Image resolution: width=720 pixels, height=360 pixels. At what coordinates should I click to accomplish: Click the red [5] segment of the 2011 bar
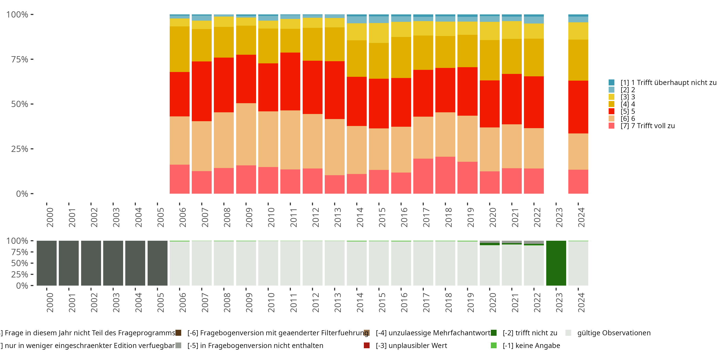click(290, 81)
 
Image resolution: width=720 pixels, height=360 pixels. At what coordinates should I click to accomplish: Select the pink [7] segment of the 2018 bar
click(445, 175)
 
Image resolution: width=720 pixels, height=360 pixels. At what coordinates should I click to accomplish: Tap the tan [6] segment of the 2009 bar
click(246, 134)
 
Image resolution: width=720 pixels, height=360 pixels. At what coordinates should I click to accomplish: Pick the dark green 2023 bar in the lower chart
click(556, 263)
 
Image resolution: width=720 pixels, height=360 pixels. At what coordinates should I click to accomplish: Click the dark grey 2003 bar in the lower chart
click(113, 263)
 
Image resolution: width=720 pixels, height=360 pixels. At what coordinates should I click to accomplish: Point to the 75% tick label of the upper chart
click(20, 59)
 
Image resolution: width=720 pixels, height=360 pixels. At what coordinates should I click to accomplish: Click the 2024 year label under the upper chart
click(581, 217)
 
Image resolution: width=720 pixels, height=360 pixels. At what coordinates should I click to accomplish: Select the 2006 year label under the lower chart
click(182, 302)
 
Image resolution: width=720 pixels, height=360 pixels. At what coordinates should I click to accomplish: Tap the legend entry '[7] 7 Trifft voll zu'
click(648, 126)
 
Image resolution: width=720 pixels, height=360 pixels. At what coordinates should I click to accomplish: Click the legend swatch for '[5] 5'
click(612, 111)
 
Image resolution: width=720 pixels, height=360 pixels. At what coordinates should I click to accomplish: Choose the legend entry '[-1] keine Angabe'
click(531, 345)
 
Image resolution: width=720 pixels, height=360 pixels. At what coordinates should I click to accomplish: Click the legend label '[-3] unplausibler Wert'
click(411, 345)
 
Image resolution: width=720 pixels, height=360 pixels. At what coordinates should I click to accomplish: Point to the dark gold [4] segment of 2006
click(180, 49)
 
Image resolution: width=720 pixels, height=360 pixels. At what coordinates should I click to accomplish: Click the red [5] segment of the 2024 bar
click(578, 107)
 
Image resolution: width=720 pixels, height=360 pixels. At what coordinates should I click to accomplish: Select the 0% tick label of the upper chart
click(22, 194)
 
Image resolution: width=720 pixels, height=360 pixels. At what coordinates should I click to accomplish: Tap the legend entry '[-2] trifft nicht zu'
click(530, 333)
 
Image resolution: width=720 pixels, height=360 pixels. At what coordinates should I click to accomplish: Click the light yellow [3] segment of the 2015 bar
click(379, 33)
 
